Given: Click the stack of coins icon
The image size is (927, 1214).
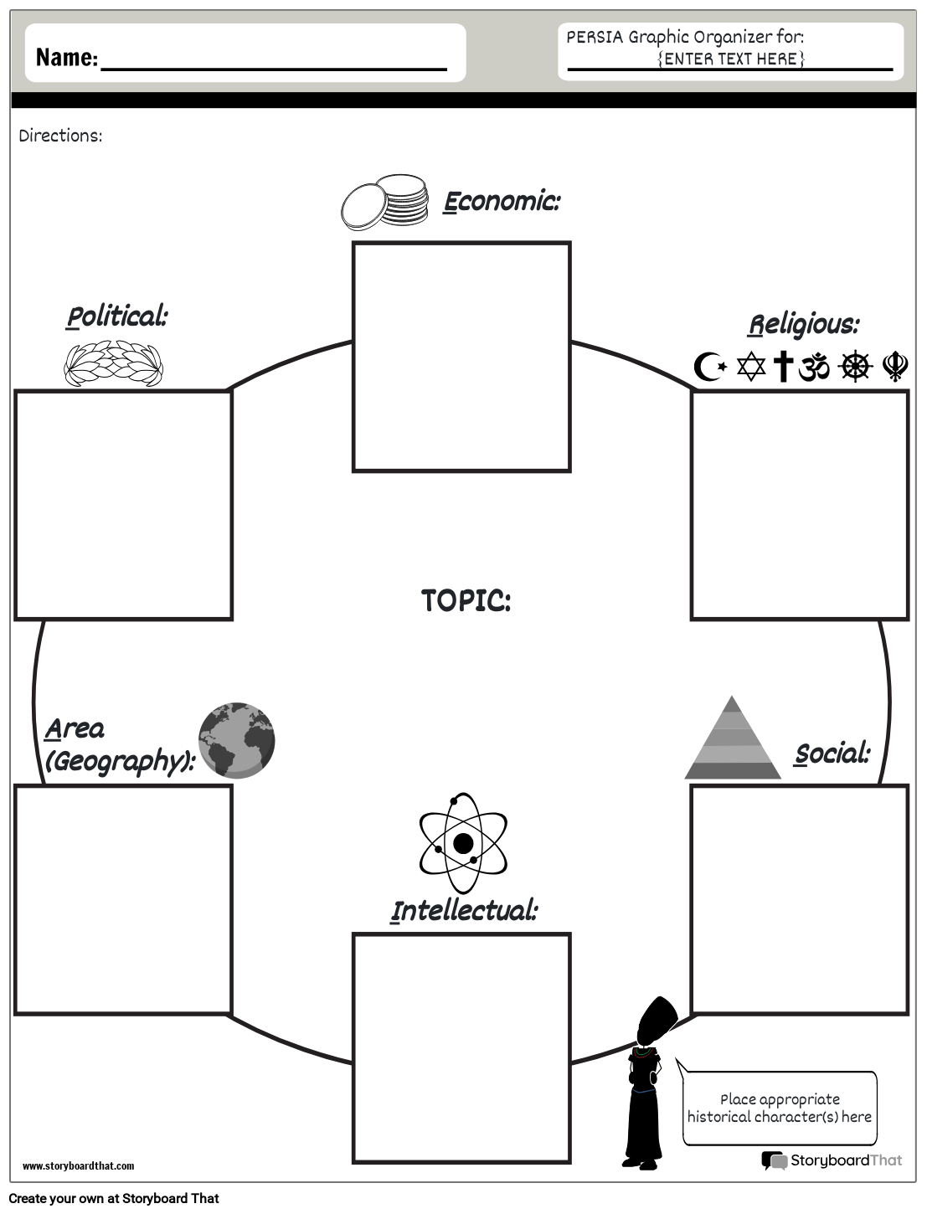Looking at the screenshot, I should [x=384, y=202].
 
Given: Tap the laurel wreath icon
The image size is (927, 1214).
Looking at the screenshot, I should [x=114, y=363].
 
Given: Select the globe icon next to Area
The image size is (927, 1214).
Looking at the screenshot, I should [x=237, y=740].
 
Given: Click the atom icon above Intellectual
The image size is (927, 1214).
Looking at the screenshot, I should [x=463, y=842].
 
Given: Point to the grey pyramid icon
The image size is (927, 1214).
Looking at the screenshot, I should [x=733, y=738].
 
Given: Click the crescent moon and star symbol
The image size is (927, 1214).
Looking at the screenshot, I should [x=710, y=366].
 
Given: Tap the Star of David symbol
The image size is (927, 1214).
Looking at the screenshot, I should [x=751, y=367].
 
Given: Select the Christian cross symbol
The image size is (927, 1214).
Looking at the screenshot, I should [x=783, y=367].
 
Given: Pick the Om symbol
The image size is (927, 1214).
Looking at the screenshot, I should [x=814, y=367].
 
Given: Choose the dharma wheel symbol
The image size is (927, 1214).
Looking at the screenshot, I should [x=855, y=367].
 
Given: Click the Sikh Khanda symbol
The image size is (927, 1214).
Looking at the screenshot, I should [x=895, y=367].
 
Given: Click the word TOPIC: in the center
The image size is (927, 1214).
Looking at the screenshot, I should [x=466, y=600].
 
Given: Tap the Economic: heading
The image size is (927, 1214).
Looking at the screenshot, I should [x=501, y=202].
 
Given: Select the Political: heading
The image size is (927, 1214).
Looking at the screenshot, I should [x=117, y=316].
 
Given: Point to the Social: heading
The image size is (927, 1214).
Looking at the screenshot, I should [x=832, y=754].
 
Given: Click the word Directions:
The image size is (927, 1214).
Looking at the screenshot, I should [x=60, y=136].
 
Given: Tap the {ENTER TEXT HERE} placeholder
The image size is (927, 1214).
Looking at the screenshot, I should [x=731, y=59].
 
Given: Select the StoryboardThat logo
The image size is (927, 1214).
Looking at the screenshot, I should [x=832, y=1160].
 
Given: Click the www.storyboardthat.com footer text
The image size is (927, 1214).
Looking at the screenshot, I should [x=78, y=1165].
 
